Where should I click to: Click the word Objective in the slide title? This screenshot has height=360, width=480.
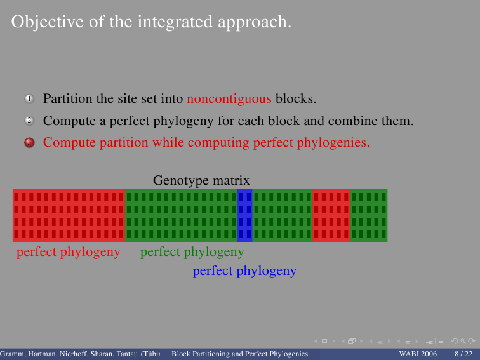[48, 22]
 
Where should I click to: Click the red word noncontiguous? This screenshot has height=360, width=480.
[229, 99]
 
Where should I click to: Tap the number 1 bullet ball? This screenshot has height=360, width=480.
[29, 98]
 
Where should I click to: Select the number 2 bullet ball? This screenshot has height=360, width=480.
[29, 121]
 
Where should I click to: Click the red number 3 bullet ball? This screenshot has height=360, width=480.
[29, 142]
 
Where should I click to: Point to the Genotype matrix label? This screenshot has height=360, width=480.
[201, 180]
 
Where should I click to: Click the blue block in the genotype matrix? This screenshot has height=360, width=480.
[245, 215]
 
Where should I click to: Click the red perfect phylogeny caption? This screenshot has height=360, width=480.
[69, 252]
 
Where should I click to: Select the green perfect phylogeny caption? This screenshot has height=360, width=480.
[192, 252]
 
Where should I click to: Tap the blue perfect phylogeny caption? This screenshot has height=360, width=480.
[244, 271]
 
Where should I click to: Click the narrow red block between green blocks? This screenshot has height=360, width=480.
[331, 215]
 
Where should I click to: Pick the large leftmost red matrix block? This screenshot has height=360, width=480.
[69, 215]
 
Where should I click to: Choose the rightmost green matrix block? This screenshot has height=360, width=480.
[369, 215]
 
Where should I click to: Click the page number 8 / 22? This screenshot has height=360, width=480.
[463, 354]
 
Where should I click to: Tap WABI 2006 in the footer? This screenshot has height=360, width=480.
[418, 354]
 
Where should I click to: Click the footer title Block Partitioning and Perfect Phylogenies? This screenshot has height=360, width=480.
[240, 354]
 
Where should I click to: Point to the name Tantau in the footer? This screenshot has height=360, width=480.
[127, 354]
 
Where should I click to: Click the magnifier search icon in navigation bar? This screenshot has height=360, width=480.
[463, 341]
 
